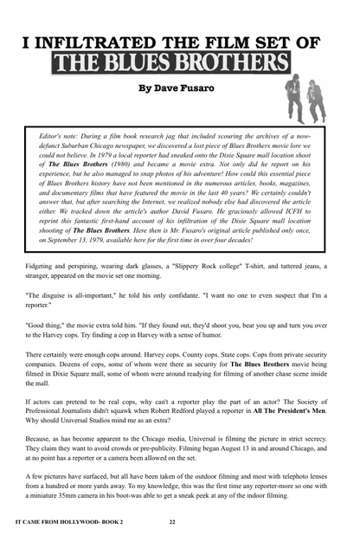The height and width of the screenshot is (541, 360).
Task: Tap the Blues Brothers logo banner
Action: tap(170, 62)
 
